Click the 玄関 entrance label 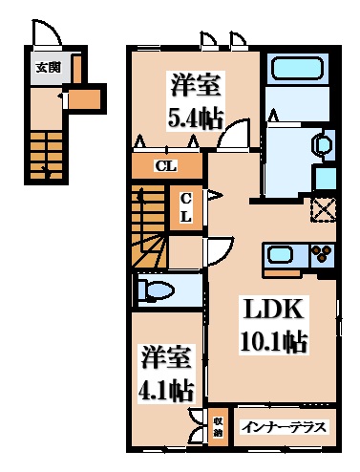[48, 67]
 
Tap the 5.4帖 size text [195, 119]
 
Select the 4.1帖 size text [166, 389]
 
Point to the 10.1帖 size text [274, 341]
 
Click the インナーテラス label [284, 427]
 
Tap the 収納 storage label [218, 427]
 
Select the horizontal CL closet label [166, 165]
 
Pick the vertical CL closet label [186, 207]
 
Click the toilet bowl [158, 290]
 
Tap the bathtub [297, 68]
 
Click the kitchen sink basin [280, 255]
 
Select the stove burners [322, 254]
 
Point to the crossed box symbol [324, 209]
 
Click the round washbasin [323, 144]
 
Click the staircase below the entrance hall [46, 156]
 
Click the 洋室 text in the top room [195, 84]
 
